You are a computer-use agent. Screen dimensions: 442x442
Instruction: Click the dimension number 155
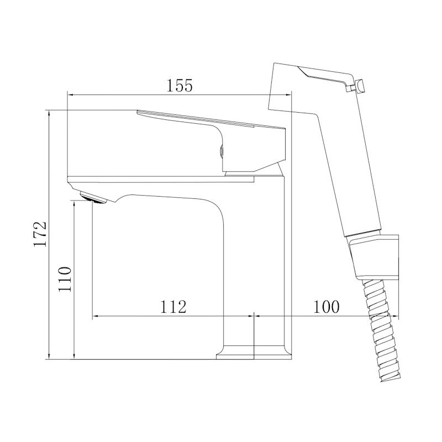pos(180,86)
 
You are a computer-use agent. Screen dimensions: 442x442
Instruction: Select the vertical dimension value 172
pos(40,234)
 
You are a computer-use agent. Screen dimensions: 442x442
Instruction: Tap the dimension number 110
pos(65,279)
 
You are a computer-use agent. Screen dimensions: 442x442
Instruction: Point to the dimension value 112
pos(173,307)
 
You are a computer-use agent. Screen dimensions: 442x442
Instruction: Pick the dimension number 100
pos(327,307)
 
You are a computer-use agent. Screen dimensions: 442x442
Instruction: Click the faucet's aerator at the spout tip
pos(93,197)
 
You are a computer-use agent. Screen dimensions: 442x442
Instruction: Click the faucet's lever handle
pos(212,141)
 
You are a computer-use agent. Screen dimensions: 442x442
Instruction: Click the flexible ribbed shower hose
pos(381,330)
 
